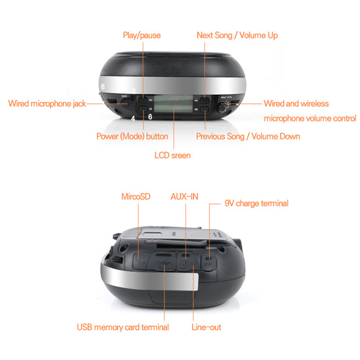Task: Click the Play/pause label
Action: coord(142,35)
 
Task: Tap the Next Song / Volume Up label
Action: coord(237,35)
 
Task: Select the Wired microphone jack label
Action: coord(47,104)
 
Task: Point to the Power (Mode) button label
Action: coord(132,136)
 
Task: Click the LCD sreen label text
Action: coord(172,155)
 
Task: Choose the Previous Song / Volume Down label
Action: coord(248,136)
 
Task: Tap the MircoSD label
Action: coord(136,197)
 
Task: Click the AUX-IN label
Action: coord(184,197)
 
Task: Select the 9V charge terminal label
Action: coord(256,203)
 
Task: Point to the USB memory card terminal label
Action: coord(123,327)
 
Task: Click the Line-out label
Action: coord(206,327)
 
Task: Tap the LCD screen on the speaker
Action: coord(173,104)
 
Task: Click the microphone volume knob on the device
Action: coord(222,107)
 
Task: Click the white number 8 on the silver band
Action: coord(103,87)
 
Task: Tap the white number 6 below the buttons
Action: coord(150,117)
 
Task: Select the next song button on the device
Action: coord(205,100)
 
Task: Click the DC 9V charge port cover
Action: coord(208,263)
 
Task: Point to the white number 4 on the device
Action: coord(133,118)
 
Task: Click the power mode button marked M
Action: coord(143,109)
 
